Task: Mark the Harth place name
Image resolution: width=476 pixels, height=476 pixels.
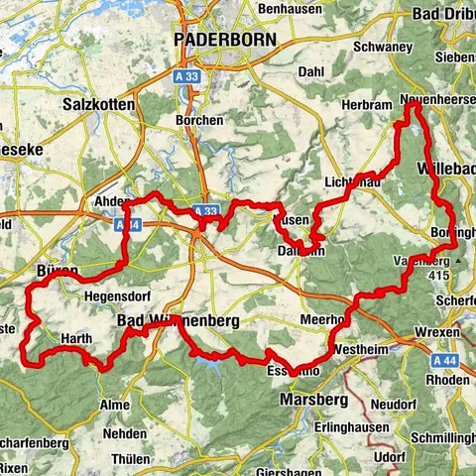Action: [76, 339]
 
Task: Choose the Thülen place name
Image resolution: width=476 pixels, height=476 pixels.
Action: [133, 458]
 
